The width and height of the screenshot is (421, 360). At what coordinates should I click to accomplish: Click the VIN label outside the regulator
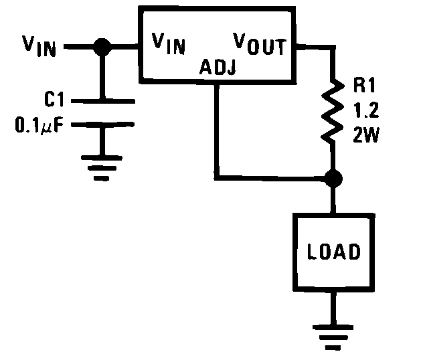[39, 46]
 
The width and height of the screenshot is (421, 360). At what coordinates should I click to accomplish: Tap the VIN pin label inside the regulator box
[169, 43]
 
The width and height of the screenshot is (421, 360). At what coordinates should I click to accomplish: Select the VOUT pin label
[260, 43]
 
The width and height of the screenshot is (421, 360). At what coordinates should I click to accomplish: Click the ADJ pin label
[218, 67]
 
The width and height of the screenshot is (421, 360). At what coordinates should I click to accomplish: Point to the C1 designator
[54, 99]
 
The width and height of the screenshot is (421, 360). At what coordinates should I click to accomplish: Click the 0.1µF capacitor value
[39, 125]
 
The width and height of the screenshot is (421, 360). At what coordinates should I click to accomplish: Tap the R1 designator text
[364, 85]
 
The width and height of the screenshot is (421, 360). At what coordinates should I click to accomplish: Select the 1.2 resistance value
[366, 110]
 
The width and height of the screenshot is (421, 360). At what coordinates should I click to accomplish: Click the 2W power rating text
[366, 134]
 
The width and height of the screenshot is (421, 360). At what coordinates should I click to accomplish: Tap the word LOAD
[333, 252]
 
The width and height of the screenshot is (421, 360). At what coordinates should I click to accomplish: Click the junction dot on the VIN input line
[102, 47]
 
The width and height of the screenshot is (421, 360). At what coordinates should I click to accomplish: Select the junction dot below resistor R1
[333, 178]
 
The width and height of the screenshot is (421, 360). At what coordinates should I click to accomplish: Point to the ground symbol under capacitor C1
[102, 168]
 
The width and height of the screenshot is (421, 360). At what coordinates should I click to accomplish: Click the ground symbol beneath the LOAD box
[333, 337]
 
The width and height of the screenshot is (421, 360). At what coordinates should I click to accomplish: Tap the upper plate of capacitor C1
[103, 101]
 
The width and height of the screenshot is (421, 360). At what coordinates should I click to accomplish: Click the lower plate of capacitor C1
[102, 124]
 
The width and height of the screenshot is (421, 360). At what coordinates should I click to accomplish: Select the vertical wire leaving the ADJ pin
[217, 130]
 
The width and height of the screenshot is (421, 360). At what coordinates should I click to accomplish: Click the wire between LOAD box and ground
[333, 308]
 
